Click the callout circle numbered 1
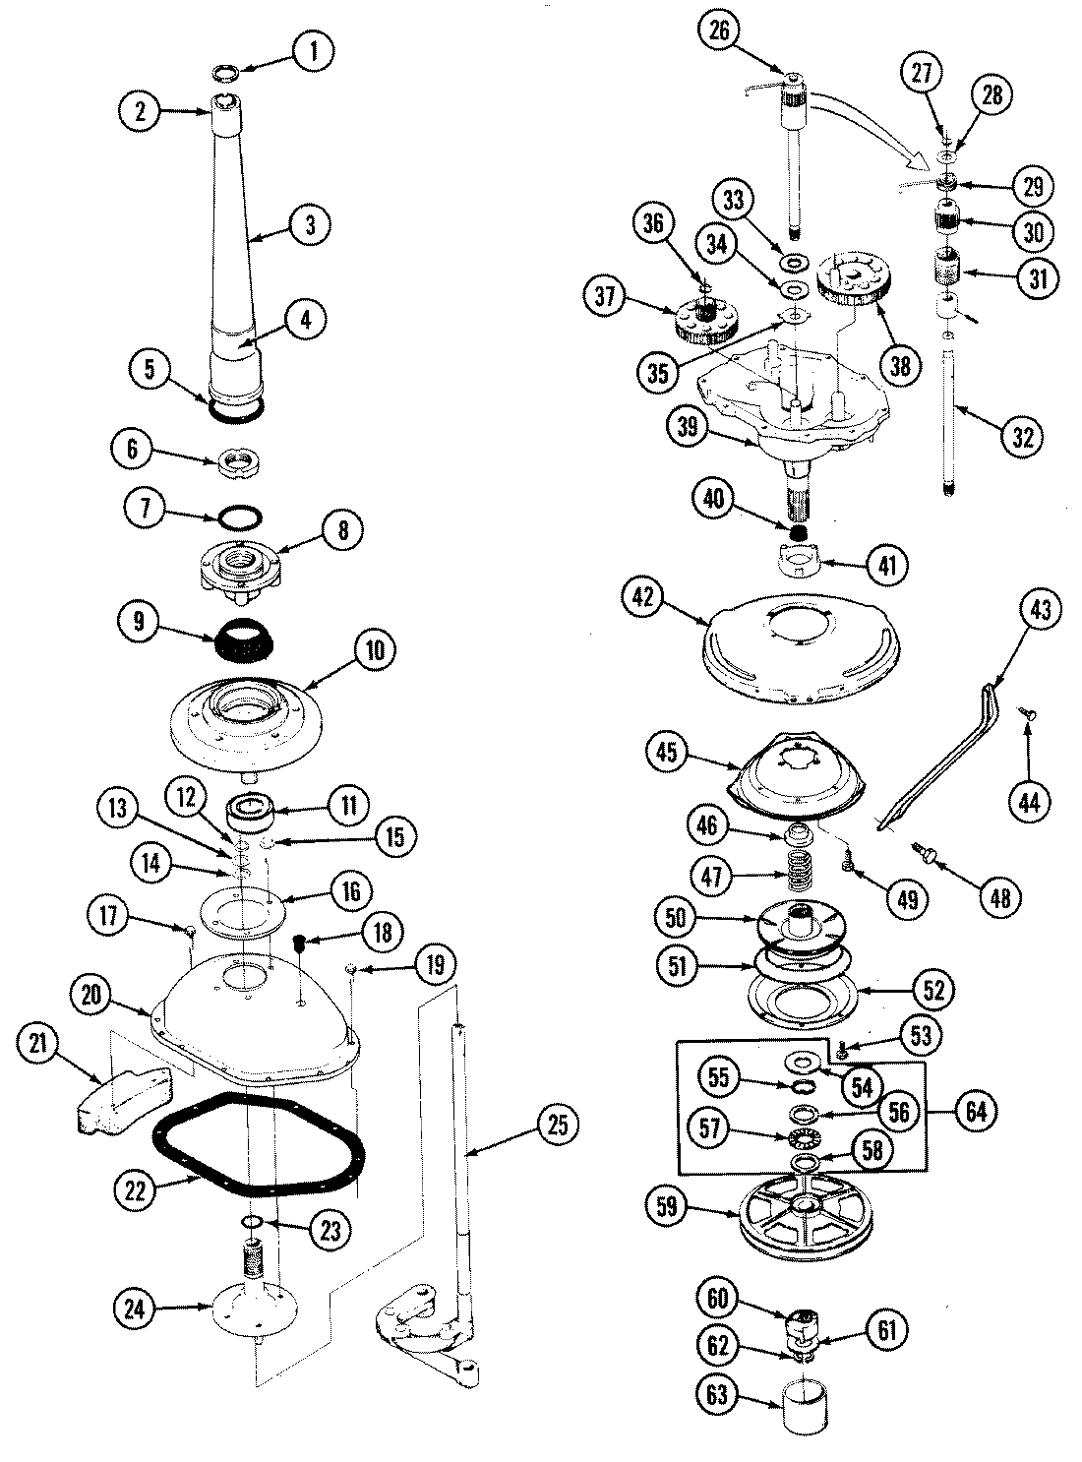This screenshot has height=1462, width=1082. [314, 51]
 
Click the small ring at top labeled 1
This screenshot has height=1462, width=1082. [227, 73]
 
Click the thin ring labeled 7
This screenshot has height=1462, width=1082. [240, 517]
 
